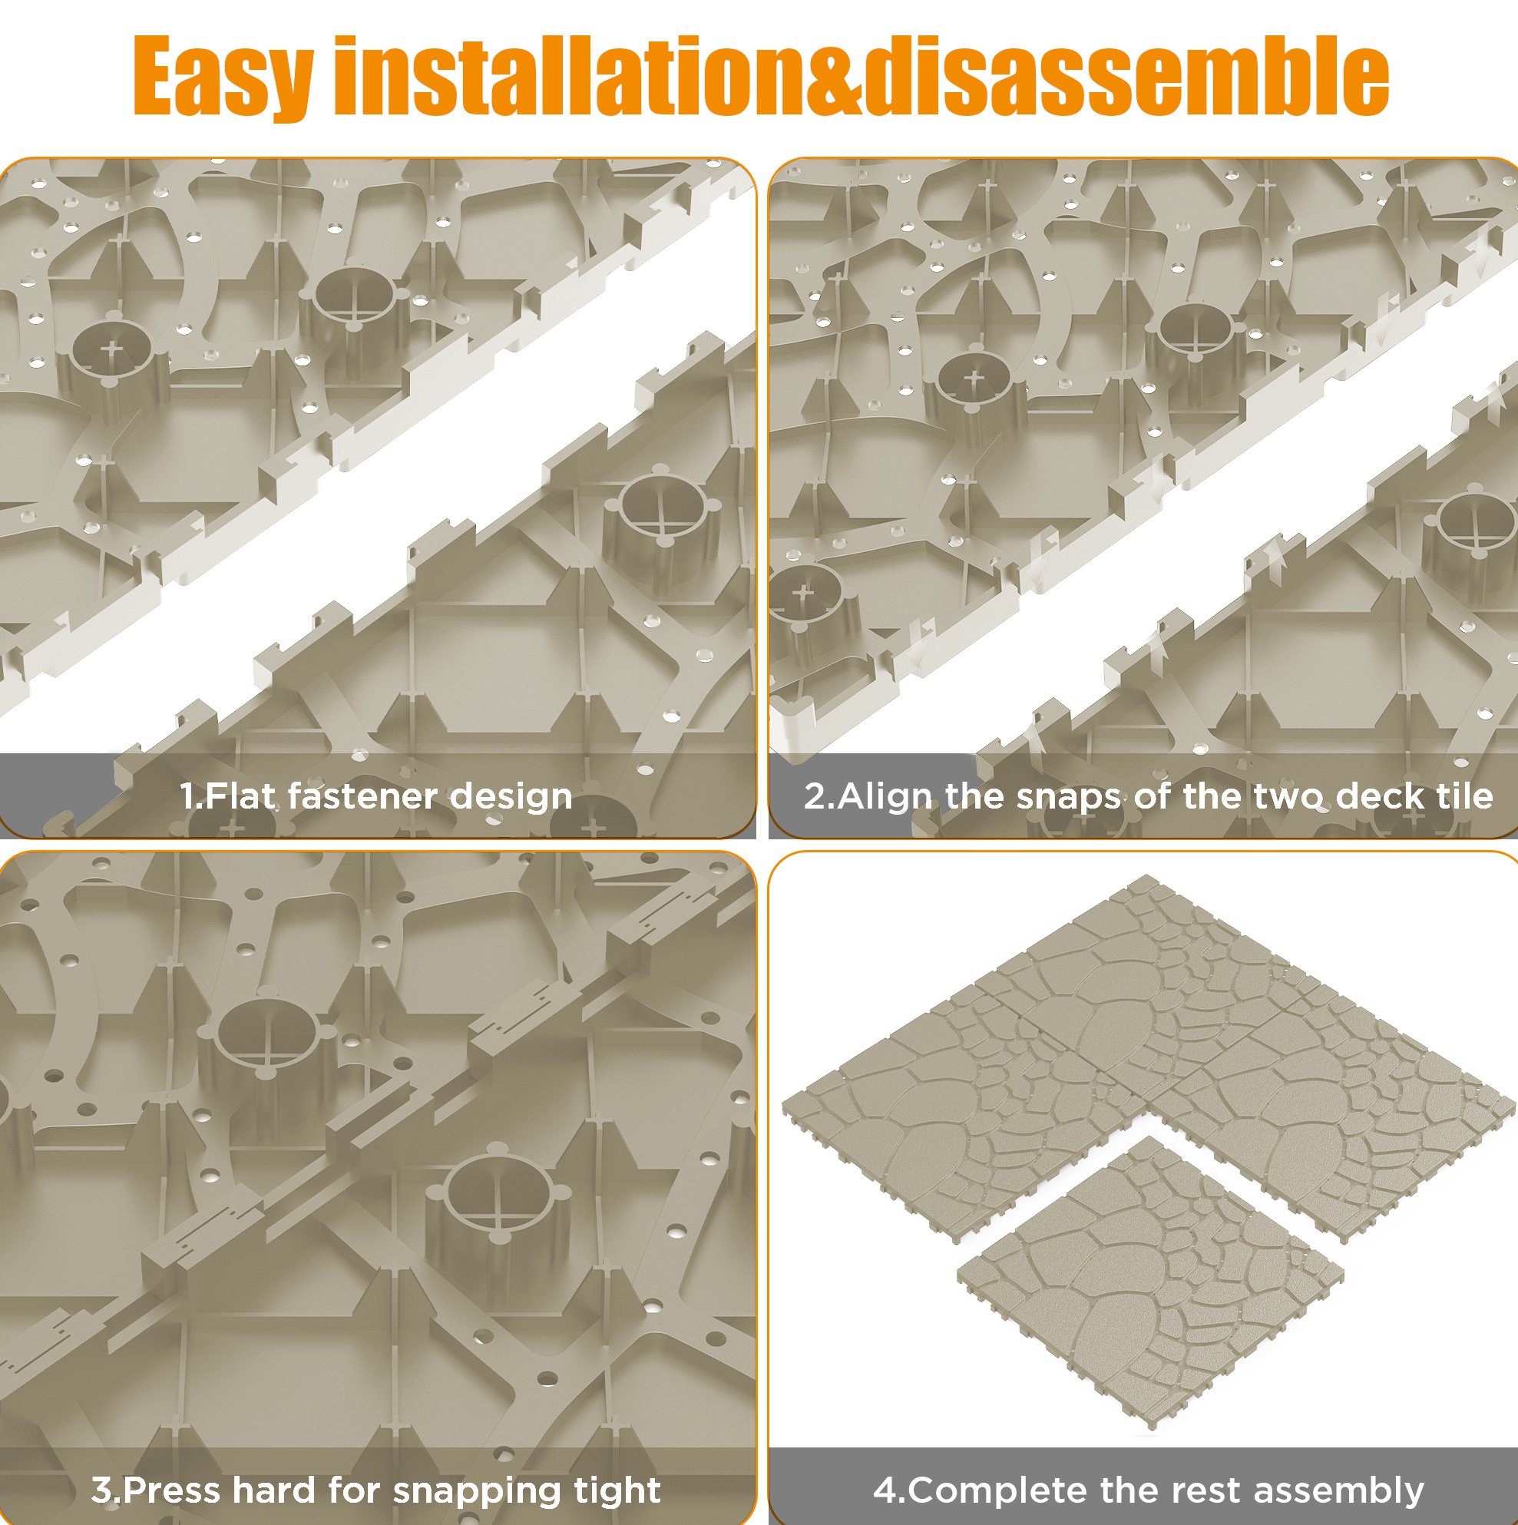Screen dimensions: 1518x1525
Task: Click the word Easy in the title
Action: point(223,78)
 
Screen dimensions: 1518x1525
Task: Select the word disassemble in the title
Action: point(1127,76)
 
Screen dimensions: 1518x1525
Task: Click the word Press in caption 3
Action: point(173,1490)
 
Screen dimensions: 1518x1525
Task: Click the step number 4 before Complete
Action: point(885,1490)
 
